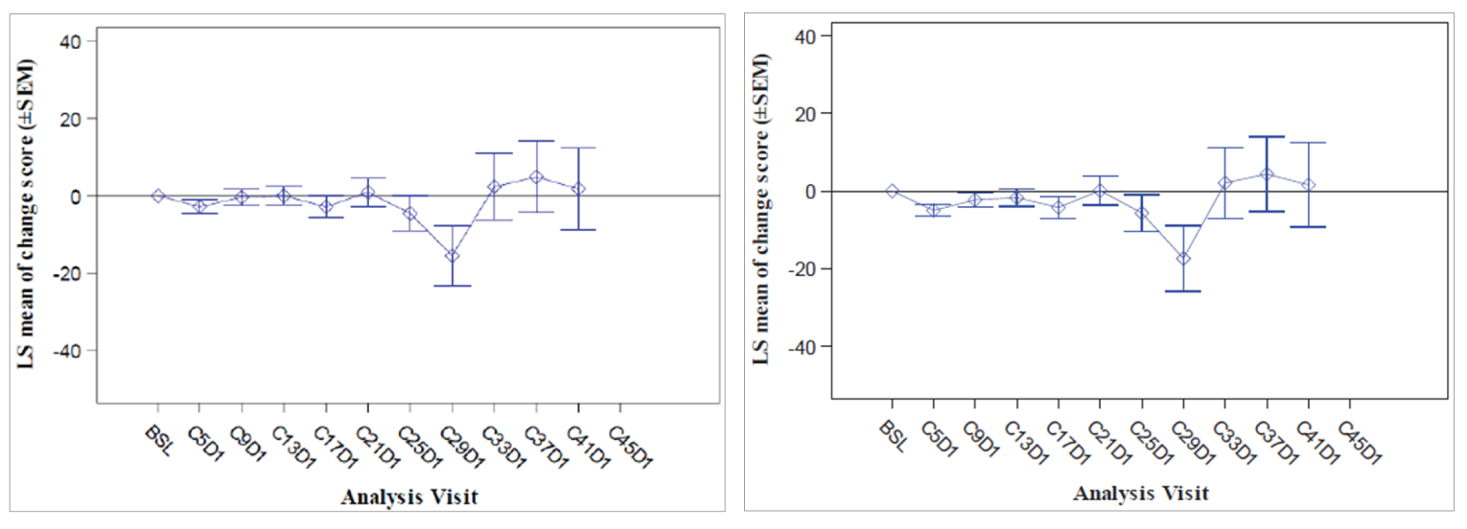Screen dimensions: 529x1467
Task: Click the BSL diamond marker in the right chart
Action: [x=892, y=191]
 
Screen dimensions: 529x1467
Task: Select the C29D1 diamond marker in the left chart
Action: [x=452, y=256]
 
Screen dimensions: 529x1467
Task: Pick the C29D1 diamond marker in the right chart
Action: [x=1183, y=259]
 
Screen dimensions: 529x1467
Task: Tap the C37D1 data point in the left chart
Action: [x=536, y=177]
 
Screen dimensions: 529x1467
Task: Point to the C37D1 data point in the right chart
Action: [x=1267, y=174]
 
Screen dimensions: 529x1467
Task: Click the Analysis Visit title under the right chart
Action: [x=1140, y=494]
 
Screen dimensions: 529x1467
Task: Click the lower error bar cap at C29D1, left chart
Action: [x=452, y=286]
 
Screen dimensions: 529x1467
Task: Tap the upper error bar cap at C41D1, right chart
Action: [x=1309, y=142]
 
